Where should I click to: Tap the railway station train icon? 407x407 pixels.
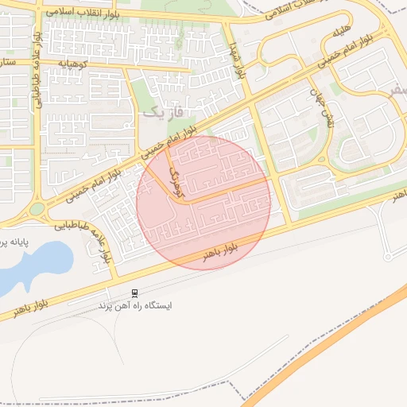tap(134, 293)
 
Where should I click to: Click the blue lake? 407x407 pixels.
tap(32, 262)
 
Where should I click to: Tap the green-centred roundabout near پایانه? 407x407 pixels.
tap(36, 210)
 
